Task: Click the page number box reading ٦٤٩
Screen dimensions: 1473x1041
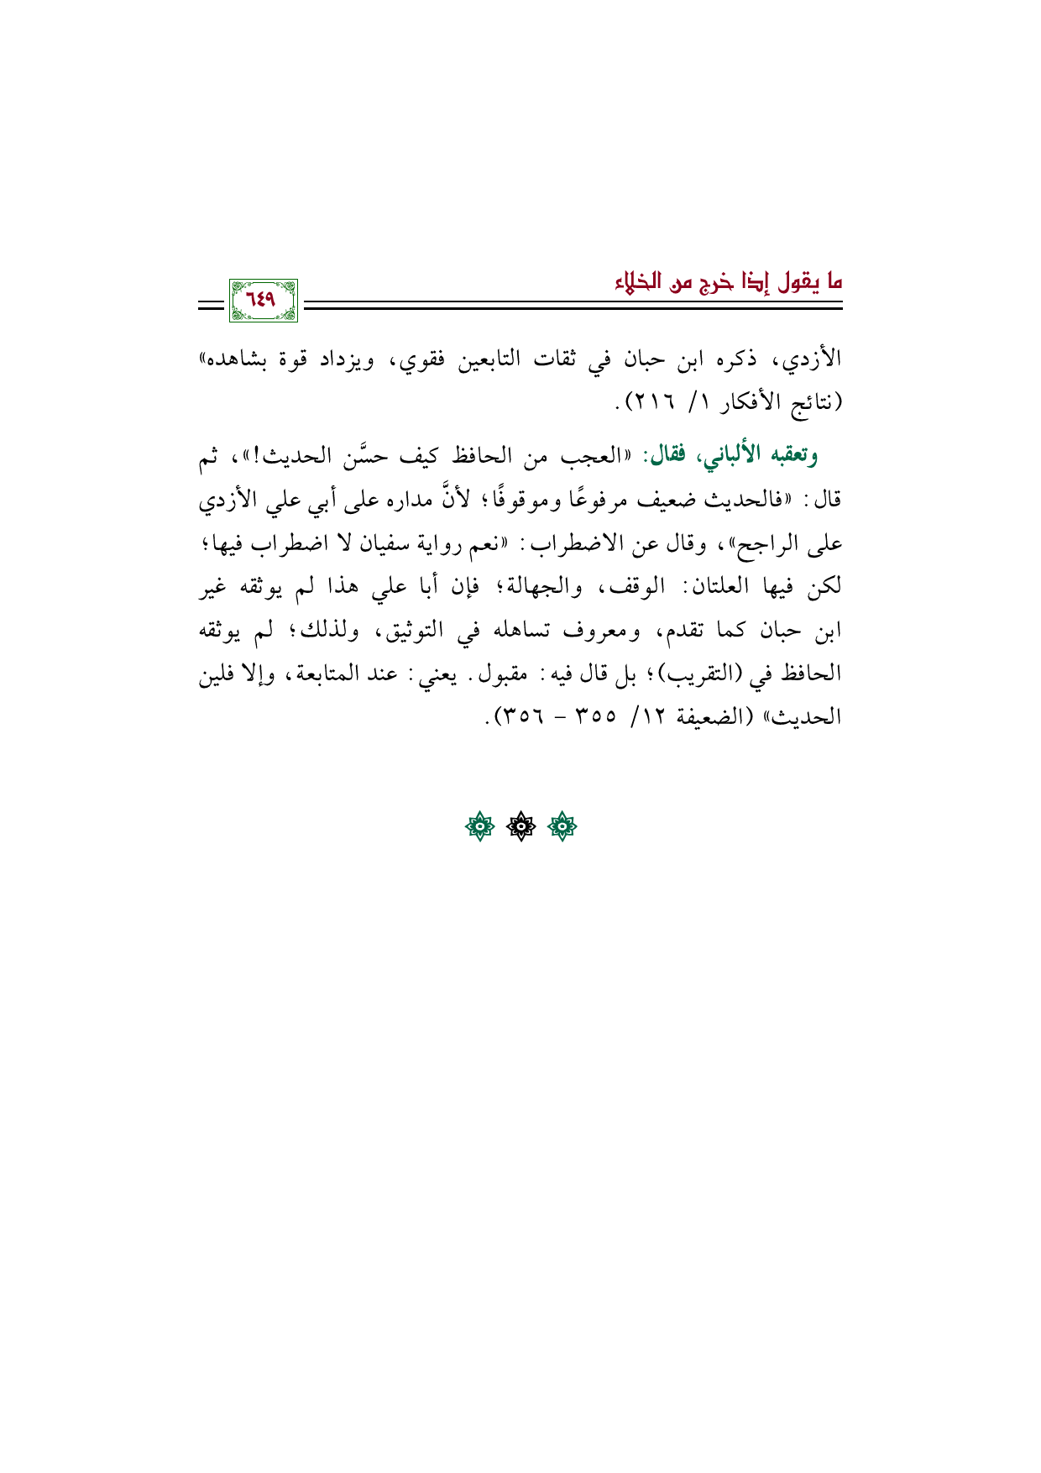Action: (262, 300)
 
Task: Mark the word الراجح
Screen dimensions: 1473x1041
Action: (761, 543)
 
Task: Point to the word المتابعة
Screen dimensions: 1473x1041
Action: (321, 674)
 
